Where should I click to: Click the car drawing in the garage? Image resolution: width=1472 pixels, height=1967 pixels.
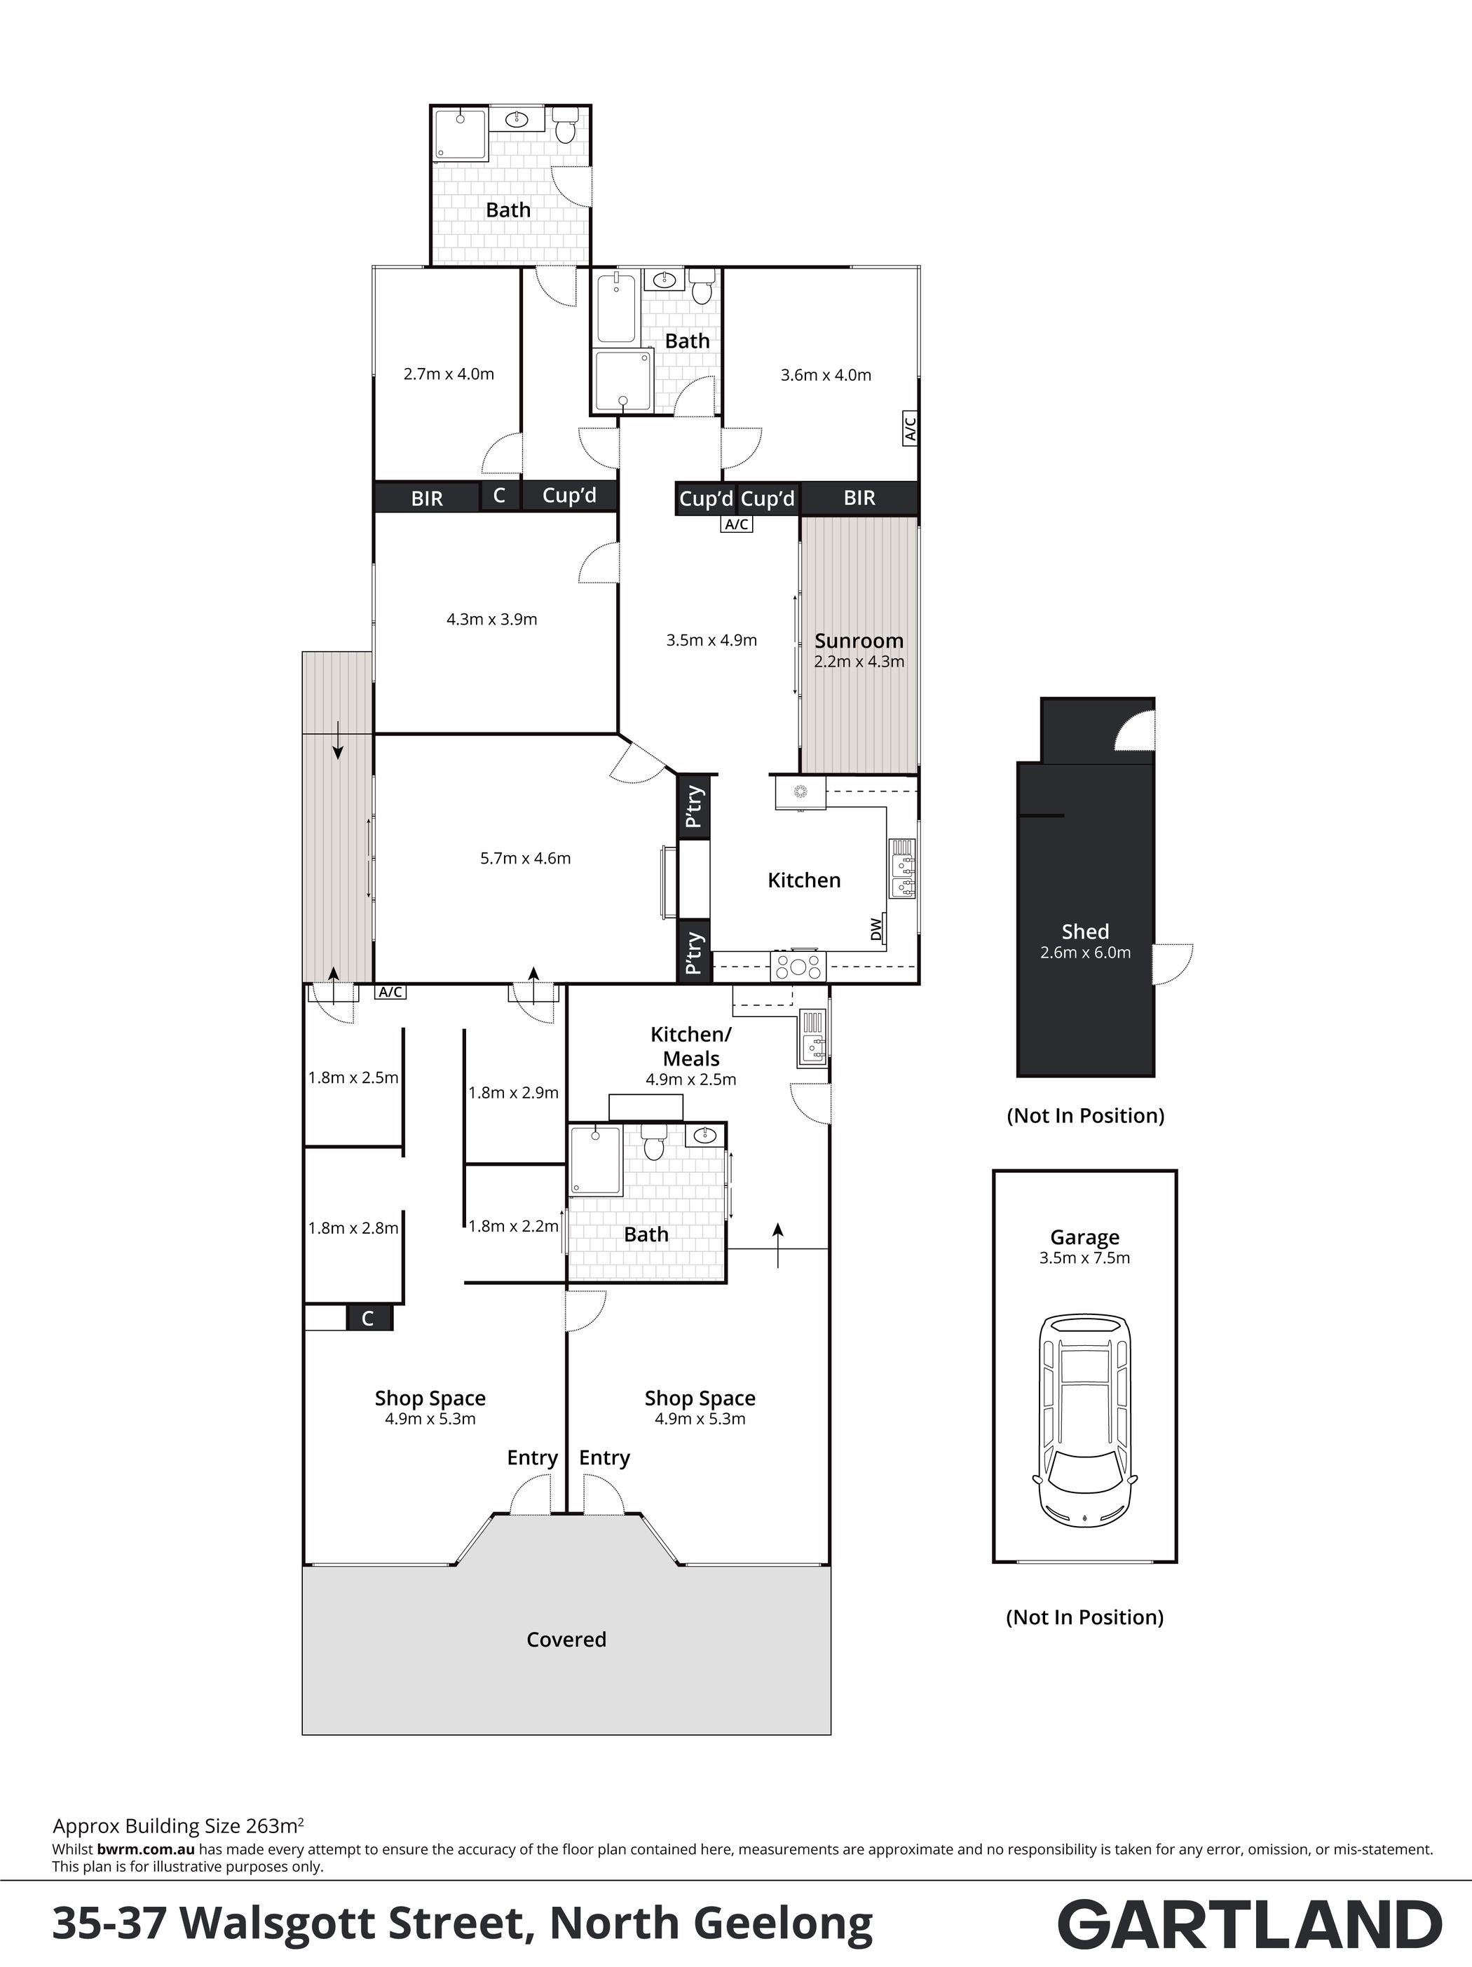[1084, 1421]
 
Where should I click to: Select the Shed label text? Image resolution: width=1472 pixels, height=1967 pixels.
[1085, 931]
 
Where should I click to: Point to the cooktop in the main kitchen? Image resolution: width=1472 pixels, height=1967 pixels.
[798, 965]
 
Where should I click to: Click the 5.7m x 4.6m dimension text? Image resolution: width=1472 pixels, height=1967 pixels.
[526, 858]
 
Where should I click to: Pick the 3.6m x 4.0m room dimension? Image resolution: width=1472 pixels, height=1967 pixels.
[826, 375]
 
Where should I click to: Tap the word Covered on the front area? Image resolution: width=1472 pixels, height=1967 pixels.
[566, 1639]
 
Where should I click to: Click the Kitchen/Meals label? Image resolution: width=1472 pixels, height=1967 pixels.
[690, 1046]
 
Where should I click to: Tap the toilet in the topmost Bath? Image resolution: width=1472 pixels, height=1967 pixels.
[566, 125]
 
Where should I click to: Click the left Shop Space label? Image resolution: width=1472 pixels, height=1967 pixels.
[430, 1398]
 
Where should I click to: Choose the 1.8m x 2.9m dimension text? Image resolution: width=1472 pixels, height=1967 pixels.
[513, 1093]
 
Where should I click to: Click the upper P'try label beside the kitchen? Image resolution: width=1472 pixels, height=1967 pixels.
[695, 805]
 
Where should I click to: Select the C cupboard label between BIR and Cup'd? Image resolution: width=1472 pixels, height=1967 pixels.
[499, 496]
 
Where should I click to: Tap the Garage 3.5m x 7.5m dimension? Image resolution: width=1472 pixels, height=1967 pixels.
[1084, 1258]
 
